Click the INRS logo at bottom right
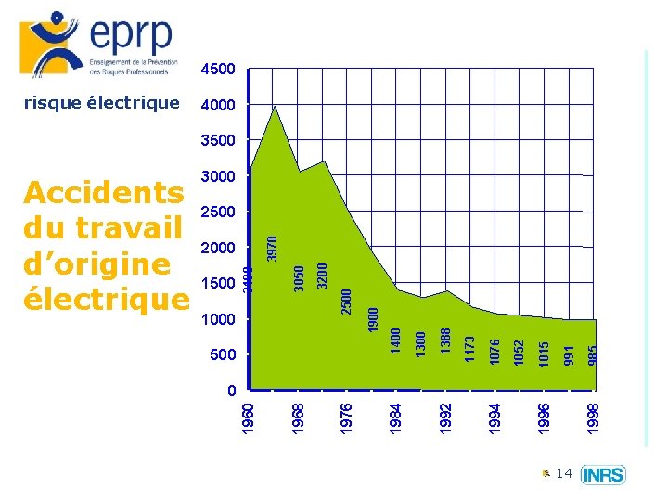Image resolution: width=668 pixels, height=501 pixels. (603, 475)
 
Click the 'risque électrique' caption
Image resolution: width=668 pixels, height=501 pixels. (100, 103)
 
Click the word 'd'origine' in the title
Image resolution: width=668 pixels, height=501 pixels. (96, 263)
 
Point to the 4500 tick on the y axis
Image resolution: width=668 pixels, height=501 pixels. (218, 69)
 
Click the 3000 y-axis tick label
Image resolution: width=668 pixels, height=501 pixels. (218, 176)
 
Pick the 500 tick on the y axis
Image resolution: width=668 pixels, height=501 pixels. (223, 354)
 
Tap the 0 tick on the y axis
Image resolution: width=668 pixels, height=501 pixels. (231, 391)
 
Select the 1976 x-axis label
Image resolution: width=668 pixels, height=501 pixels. (347, 416)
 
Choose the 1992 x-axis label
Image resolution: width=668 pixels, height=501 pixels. (446, 416)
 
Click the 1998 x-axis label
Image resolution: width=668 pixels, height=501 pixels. (594, 416)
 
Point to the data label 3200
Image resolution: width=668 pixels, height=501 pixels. (322, 275)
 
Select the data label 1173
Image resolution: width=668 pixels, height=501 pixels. (470, 349)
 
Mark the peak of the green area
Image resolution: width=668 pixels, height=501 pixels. (274, 108)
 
